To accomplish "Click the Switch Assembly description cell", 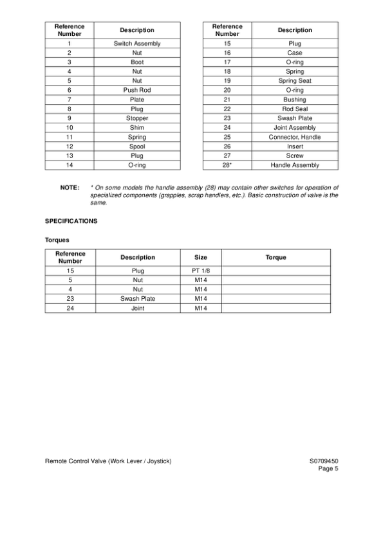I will click(x=136, y=44).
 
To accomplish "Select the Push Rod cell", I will click(x=136, y=91).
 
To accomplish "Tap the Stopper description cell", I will click(x=136, y=118).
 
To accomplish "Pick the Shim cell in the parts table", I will click(x=136, y=128).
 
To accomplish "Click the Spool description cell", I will click(x=136, y=146).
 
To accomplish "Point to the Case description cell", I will click(x=294, y=53).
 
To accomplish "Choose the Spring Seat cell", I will click(x=294, y=81).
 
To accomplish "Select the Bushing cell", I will click(x=294, y=100).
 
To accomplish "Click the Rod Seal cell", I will click(x=294, y=109).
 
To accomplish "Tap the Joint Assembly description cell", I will click(x=294, y=128).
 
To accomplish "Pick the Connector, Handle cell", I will click(x=294, y=137).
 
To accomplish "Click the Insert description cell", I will click(x=294, y=146).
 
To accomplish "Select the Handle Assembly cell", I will click(x=294, y=165).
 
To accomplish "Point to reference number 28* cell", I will click(x=227, y=165).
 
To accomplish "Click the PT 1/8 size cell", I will click(x=201, y=271).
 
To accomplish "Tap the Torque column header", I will click(x=276, y=258).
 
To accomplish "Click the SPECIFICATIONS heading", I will click(x=71, y=221).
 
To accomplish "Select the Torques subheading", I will click(x=57, y=240).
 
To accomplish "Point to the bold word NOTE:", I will click(x=70, y=188).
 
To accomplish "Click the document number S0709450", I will click(x=323, y=461).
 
